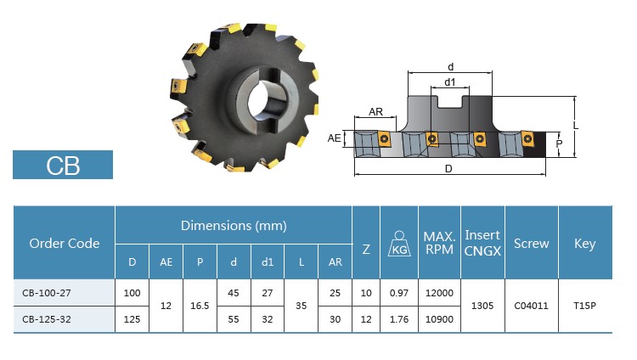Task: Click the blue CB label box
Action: coord(63,165)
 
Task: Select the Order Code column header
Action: coord(65,243)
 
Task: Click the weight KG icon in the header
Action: coord(397,244)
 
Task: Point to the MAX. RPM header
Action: coord(439,243)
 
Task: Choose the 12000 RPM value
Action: coord(439,293)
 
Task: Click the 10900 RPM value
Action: coord(439,319)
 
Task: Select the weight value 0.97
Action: coord(397,293)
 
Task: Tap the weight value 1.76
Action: coord(397,319)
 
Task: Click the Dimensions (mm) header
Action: coord(234,226)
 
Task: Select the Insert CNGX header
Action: coord(482,243)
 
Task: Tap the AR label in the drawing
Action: coord(375,112)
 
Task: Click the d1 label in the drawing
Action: coord(450,82)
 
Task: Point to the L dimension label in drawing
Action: coord(577,126)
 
